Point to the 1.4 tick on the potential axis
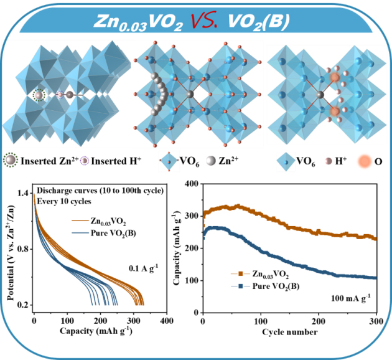click(x=21, y=194)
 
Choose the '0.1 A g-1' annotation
click(x=142, y=268)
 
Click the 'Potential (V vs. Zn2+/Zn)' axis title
click(x=11, y=249)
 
